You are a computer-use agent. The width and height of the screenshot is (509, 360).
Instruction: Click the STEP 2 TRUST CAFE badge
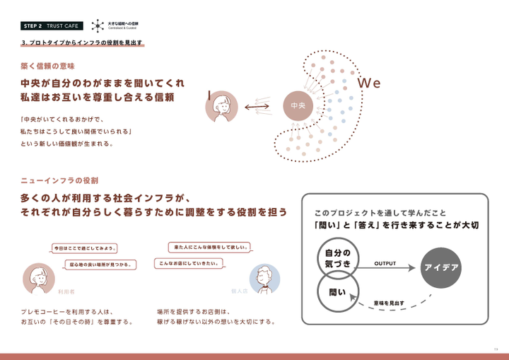pos(52,26)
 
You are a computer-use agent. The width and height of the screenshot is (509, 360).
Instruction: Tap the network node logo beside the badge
pos(98,25)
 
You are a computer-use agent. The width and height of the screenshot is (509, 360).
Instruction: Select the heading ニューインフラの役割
pos(59,182)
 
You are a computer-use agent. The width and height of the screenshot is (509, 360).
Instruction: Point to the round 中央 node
pos(297,107)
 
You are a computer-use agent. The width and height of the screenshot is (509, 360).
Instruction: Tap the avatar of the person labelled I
pos(223,107)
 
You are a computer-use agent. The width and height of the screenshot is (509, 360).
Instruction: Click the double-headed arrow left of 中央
pos(258,107)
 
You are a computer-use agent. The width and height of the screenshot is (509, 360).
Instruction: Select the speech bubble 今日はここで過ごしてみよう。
pos(86,248)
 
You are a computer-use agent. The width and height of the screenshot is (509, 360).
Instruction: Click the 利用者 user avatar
pos(40,277)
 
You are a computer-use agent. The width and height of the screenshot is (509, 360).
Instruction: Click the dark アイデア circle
pos(442,268)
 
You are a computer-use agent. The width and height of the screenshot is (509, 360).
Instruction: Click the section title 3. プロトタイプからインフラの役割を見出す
pos(83,43)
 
